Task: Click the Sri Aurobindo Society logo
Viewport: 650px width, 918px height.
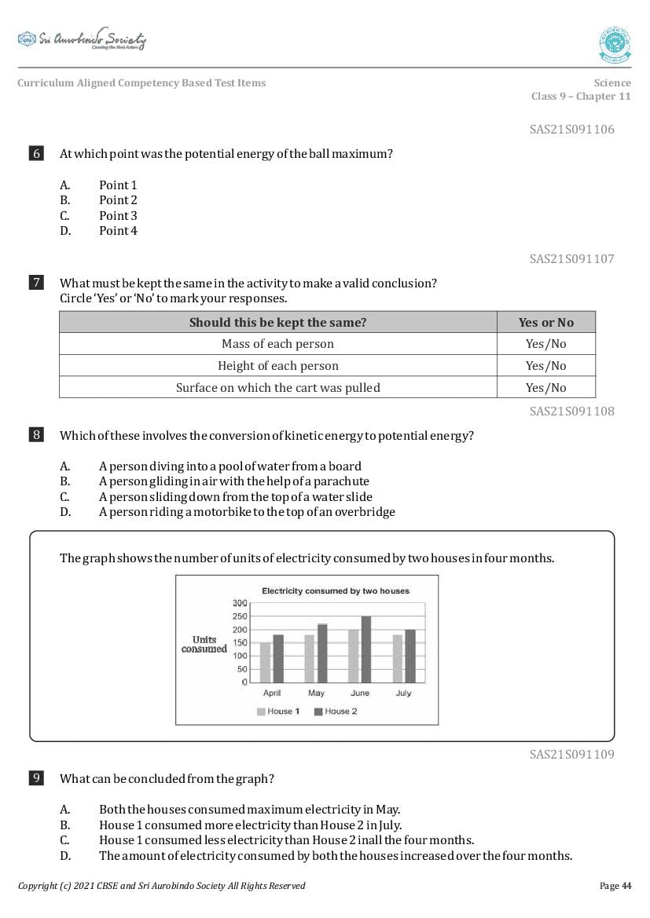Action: coord(82,39)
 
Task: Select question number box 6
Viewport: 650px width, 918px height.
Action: coord(36,154)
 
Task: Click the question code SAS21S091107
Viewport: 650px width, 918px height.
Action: coord(571,258)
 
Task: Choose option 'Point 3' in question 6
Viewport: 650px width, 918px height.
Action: coord(118,215)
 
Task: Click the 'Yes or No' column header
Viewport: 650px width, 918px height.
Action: coord(545,322)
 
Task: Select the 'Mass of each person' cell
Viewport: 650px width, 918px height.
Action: coord(277,344)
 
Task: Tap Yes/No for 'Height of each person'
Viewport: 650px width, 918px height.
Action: coord(545,366)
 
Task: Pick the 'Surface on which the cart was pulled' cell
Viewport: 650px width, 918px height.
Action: coord(277,387)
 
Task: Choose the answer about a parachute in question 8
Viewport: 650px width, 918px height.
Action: coord(233,481)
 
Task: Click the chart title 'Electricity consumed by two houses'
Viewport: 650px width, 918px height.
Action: coord(336,591)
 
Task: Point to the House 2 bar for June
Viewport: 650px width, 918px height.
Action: coord(365,649)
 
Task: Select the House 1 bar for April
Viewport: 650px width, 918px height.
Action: coord(266,663)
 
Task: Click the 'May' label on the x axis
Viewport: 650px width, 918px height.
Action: coord(316,693)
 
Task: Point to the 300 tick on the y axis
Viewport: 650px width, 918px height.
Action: coord(240,602)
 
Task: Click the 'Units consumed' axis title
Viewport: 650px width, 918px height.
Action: coord(204,645)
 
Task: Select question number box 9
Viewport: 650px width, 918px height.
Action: coord(36,778)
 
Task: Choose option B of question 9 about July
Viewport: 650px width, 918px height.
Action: coord(250,825)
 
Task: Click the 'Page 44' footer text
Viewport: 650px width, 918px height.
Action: coord(615,886)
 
